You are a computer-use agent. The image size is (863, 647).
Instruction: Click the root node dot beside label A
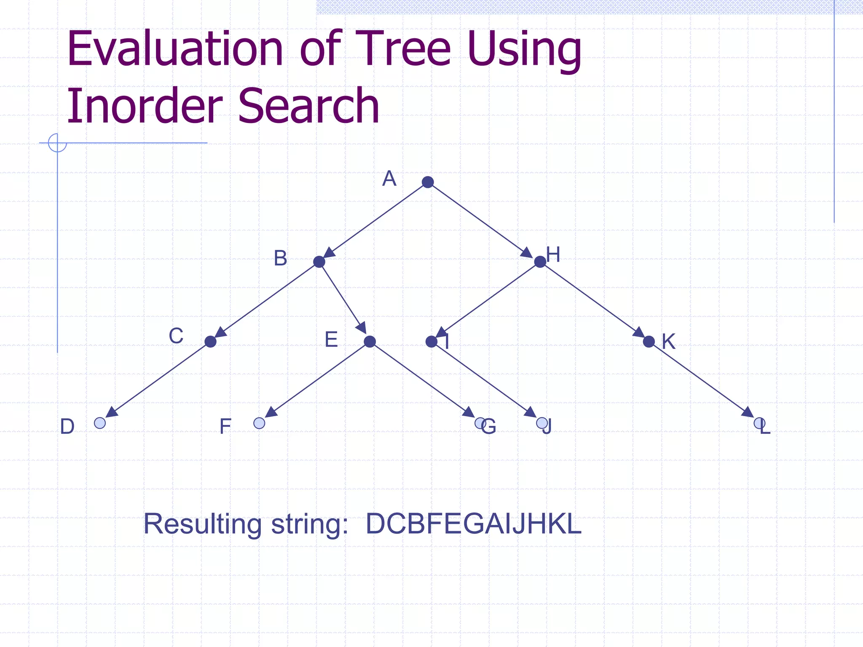coord(428,182)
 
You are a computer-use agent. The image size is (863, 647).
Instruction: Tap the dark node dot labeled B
coord(319,262)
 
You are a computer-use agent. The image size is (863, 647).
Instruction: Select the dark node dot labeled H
coord(540,262)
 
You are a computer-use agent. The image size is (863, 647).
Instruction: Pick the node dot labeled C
coord(210,342)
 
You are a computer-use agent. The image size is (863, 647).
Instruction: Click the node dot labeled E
coord(370,342)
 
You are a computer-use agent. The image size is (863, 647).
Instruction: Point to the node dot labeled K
coord(649,342)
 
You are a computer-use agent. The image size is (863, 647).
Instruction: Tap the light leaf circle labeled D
coord(100,423)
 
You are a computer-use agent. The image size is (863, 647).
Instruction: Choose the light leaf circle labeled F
coord(259,423)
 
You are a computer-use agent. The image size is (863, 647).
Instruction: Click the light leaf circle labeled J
coord(541,423)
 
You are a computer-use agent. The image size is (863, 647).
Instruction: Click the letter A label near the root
coord(389,179)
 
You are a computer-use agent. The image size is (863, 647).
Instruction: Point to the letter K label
coord(668,342)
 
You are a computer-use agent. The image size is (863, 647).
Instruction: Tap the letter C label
coord(176,336)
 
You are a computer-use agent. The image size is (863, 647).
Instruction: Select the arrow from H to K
coord(594,302)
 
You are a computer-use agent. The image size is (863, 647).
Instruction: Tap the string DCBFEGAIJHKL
coord(473,524)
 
